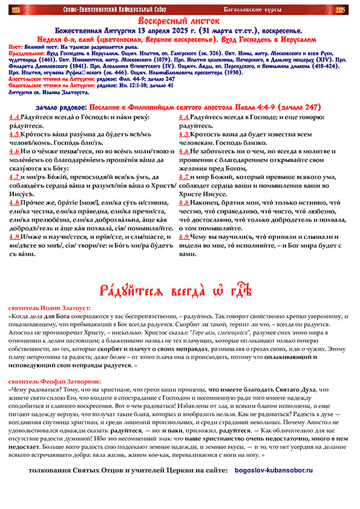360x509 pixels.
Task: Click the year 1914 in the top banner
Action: pos(14,9)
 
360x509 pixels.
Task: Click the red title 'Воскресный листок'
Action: pos(180,21)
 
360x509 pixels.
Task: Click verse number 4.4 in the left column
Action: pos(14,117)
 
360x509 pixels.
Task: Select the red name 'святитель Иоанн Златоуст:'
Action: pos(45,308)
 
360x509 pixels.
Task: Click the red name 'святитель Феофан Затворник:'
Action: pos(51,381)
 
